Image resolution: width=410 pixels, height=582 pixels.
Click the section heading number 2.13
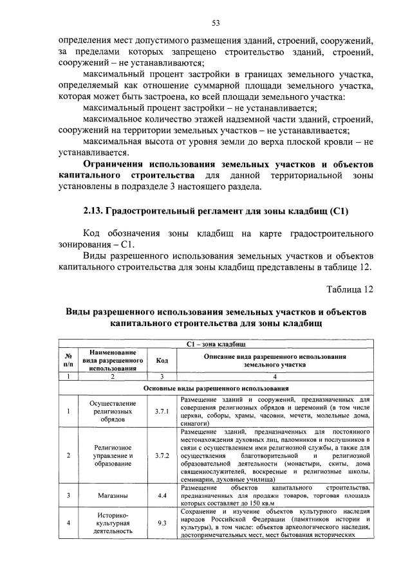pyautogui.click(x=95, y=211)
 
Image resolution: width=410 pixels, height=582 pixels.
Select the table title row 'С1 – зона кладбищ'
pyautogui.click(x=216, y=345)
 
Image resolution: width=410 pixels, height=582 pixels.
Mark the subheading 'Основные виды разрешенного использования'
pyautogui.click(x=216, y=388)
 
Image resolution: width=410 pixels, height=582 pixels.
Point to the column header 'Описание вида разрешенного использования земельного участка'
pyautogui.click(x=275, y=360)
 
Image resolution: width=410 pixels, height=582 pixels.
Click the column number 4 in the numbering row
pyautogui.click(x=275, y=376)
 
